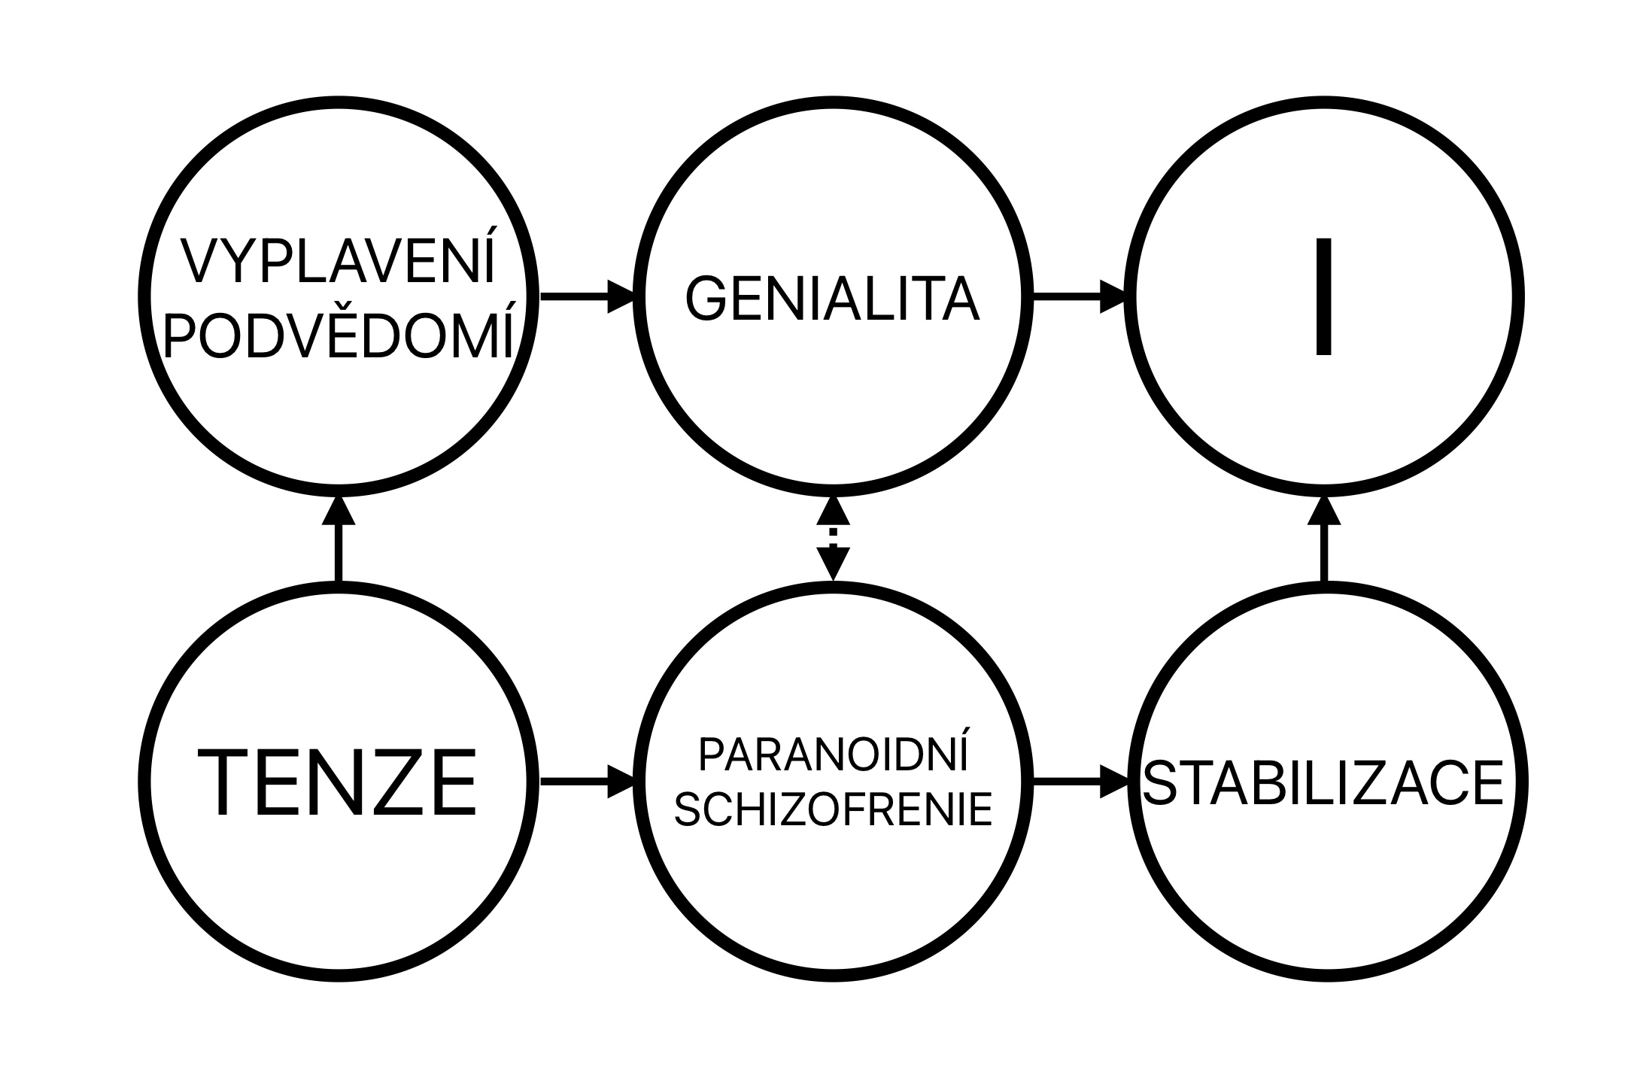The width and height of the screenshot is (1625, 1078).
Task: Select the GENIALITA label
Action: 832,299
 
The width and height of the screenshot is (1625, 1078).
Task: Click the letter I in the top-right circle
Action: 1323,296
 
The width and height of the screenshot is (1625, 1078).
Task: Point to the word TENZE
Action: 337,782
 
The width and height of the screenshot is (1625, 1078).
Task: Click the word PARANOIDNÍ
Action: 833,755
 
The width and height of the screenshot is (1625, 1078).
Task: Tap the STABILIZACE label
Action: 1323,783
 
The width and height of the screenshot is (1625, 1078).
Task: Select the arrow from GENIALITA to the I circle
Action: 1080,296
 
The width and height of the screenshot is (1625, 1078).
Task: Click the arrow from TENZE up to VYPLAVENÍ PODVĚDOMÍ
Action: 338,539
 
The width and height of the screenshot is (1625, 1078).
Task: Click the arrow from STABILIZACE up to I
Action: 1324,539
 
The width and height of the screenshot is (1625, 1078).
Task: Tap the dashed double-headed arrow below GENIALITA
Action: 833,539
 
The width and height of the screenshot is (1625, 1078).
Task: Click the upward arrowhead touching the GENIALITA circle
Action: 833,512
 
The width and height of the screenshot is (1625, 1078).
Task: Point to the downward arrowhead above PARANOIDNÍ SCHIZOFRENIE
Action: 833,565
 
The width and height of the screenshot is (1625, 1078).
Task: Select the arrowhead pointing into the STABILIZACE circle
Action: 1114,783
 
